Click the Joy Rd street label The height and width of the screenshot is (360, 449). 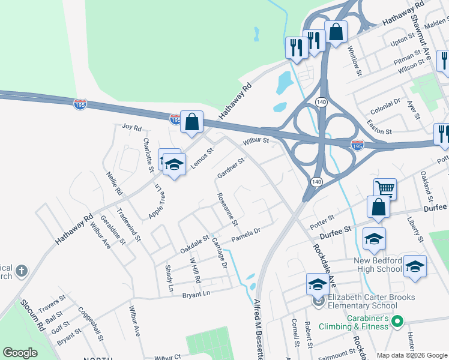click(131, 127)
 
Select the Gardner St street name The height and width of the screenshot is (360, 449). click(231, 169)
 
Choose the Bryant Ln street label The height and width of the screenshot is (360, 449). click(197, 293)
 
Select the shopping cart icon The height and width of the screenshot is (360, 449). click(385, 188)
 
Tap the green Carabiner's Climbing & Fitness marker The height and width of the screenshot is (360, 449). click(396, 323)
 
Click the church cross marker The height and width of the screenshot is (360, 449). click(22, 271)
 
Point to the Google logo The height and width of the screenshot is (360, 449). click(20, 353)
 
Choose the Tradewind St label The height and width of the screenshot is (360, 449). click(128, 224)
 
